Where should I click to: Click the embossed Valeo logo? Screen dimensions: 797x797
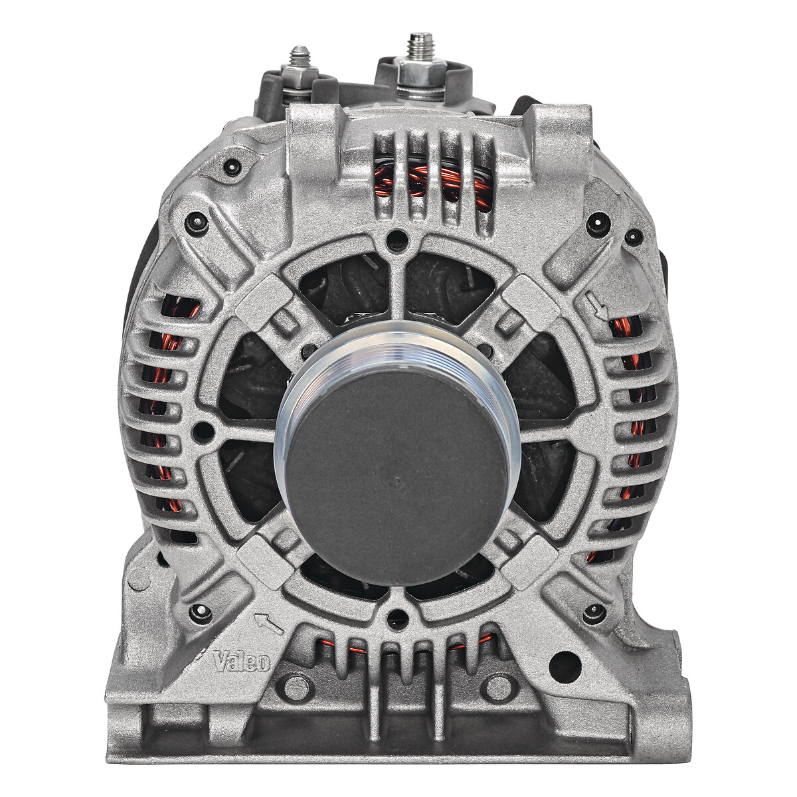point(242,660)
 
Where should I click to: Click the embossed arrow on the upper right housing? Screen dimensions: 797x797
point(598,306)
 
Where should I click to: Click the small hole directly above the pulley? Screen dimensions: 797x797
point(397,236)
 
